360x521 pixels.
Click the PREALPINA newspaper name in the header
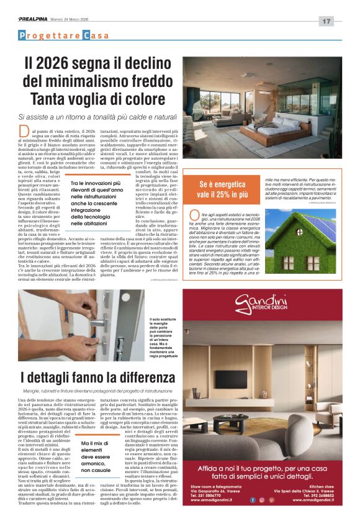pyautogui.click(x=34, y=20)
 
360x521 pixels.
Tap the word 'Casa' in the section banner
pyautogui.click(x=96, y=35)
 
